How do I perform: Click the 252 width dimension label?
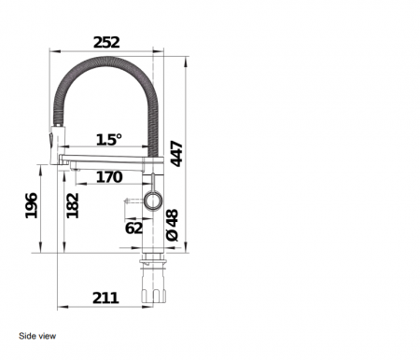(x=106, y=43)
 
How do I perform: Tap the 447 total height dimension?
(x=176, y=154)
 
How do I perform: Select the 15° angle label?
(x=109, y=140)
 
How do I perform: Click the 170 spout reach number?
(x=109, y=177)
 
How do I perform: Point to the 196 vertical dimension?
(x=32, y=205)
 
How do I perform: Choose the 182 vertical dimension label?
(x=73, y=205)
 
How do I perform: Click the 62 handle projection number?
(x=133, y=228)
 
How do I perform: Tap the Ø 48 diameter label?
(x=173, y=225)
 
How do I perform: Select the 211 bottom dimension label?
(x=105, y=298)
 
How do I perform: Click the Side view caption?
(x=37, y=336)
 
